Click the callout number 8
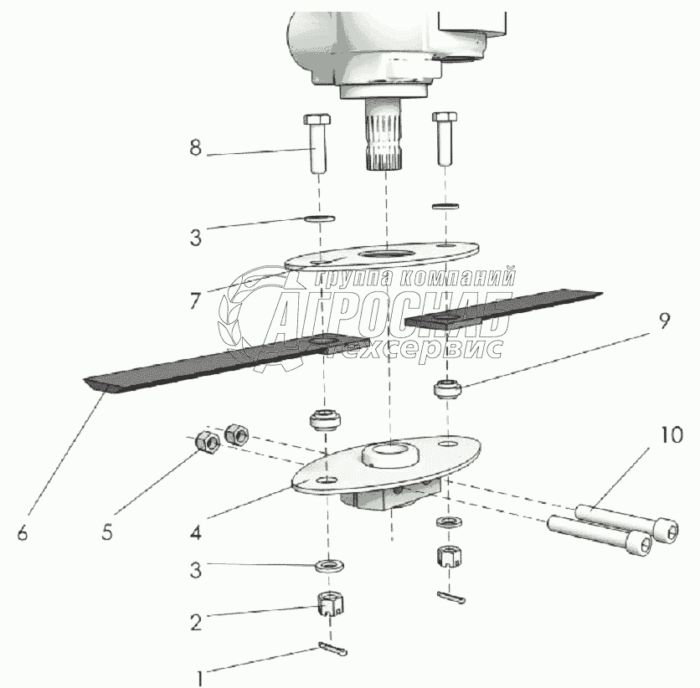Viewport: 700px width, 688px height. coord(195,149)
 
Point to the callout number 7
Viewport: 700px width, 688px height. coord(194,300)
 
